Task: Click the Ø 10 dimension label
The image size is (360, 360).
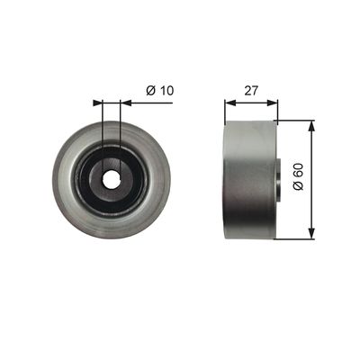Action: tap(160, 90)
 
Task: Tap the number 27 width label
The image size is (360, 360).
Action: tap(251, 90)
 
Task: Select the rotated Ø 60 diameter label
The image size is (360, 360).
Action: tap(299, 176)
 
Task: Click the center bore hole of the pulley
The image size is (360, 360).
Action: tap(111, 180)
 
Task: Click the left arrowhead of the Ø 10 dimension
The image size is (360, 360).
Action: tap(97, 103)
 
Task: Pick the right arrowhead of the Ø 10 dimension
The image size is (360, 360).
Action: tap(126, 103)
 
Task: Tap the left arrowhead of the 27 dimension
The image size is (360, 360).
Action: tap(229, 103)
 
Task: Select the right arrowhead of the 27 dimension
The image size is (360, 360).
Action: tap(273, 103)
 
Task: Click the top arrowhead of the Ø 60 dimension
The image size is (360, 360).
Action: tap(312, 126)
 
